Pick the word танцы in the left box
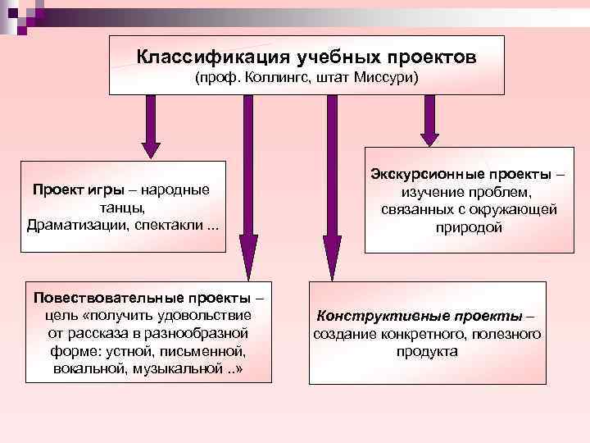pos(121,208)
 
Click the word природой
pos(468,228)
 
